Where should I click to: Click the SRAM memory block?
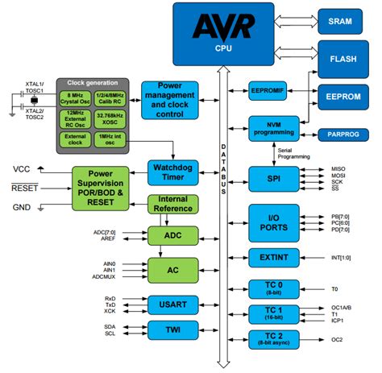[343, 21]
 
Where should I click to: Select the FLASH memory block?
[343, 59]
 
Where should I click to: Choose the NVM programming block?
[274, 127]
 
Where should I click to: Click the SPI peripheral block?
[274, 176]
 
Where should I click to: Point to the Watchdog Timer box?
[171, 172]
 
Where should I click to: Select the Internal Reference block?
[172, 205]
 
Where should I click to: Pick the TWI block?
[170, 329]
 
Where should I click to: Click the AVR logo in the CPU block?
[219, 25]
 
